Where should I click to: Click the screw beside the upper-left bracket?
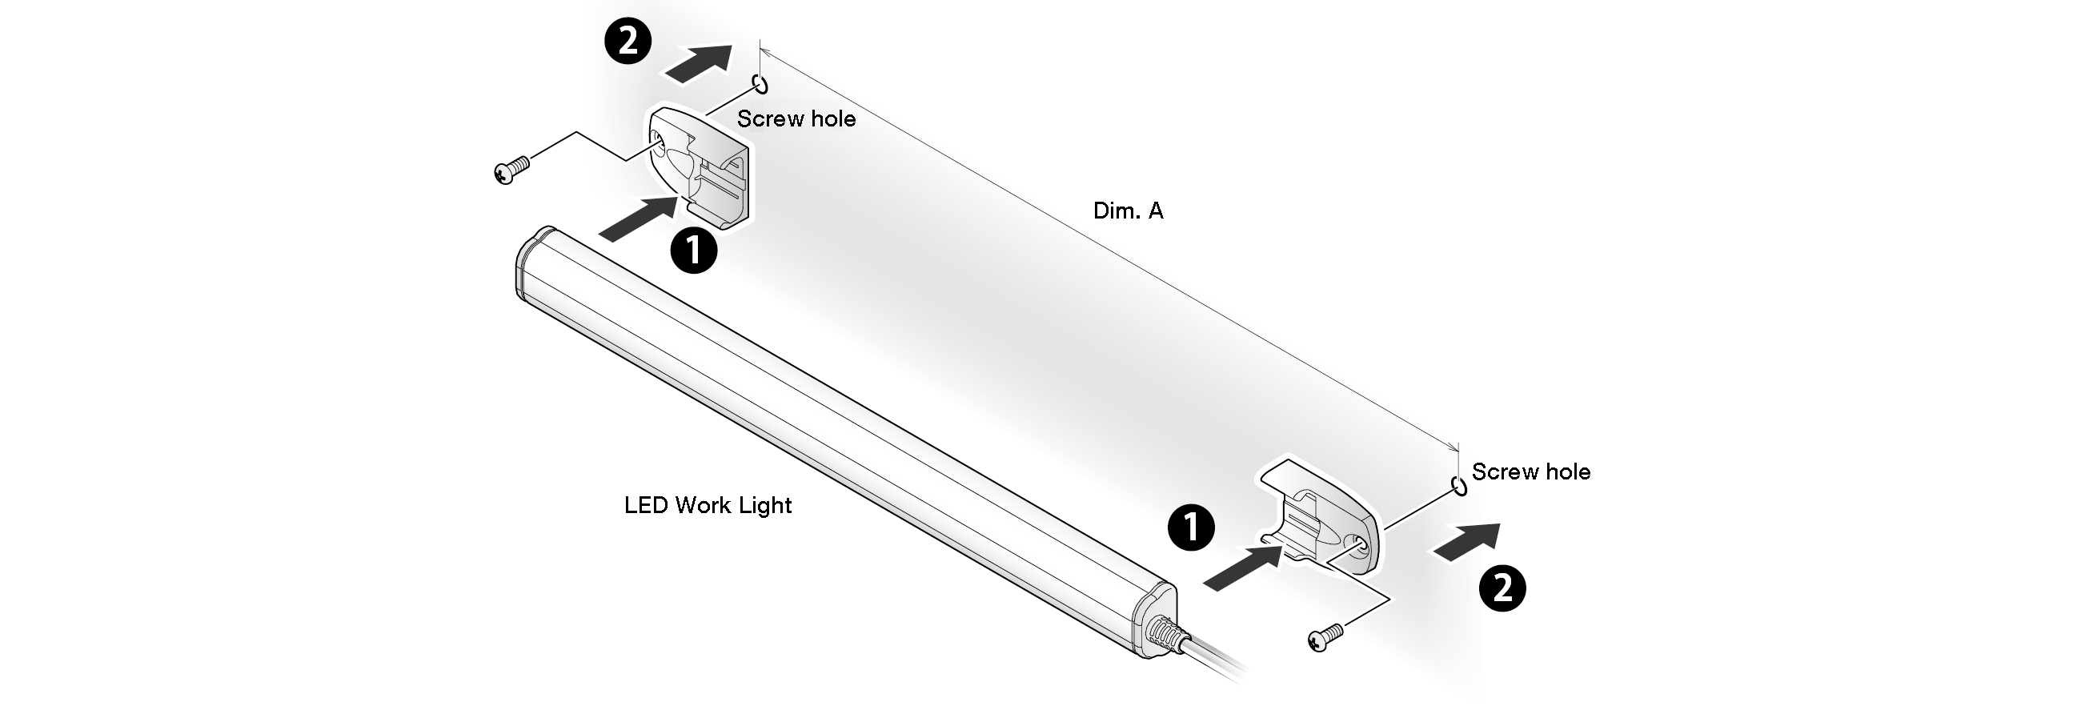coord(511,170)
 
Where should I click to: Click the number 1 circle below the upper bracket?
coord(694,250)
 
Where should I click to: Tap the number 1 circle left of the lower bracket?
coord(1191,528)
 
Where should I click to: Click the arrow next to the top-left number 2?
coord(699,63)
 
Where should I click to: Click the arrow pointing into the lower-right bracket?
coord(1242,567)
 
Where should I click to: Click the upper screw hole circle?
coord(760,83)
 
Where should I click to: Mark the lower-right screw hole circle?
coord(1459,486)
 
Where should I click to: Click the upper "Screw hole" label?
coord(796,119)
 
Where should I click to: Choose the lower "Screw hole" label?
coord(1531,471)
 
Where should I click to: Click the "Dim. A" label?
coord(1128,211)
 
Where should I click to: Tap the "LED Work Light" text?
coord(708,506)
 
